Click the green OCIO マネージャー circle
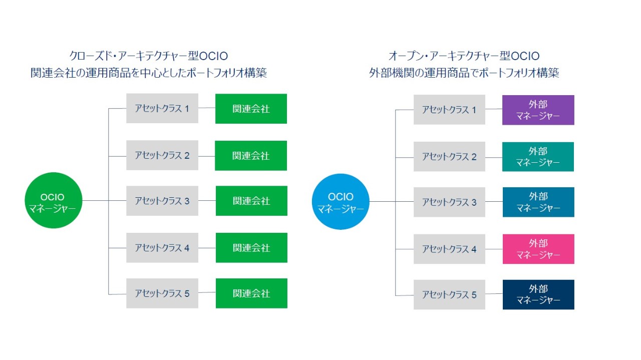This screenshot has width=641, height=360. pos(53,200)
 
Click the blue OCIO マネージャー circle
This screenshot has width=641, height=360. pos(341,202)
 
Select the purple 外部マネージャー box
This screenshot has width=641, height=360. pos(538,110)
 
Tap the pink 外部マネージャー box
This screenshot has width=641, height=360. pos(538,249)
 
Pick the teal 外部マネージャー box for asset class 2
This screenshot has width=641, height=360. pos(538,157)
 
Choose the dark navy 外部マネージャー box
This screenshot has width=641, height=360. pos(538,294)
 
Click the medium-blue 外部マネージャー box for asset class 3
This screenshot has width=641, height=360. pos(538,202)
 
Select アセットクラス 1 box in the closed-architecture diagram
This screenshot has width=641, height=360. pos(162,108)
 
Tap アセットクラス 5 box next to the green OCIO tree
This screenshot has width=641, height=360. pos(162,293)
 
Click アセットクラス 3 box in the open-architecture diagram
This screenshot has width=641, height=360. pos(449,202)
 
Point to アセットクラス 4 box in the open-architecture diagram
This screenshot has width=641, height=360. pos(449,249)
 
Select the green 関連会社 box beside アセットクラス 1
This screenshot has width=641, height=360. pos(251,109)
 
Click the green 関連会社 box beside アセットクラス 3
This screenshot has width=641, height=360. pos(251,201)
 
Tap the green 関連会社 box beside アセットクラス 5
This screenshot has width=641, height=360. pos(251,293)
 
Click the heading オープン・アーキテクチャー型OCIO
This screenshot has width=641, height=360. pos(464,56)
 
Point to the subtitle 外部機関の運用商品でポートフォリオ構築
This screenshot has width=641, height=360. pos(464,73)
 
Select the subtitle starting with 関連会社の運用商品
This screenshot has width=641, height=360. pos(148,73)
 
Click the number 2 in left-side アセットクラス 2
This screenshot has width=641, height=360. pos(187,156)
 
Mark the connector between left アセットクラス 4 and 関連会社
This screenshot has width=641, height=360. pos(207,248)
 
